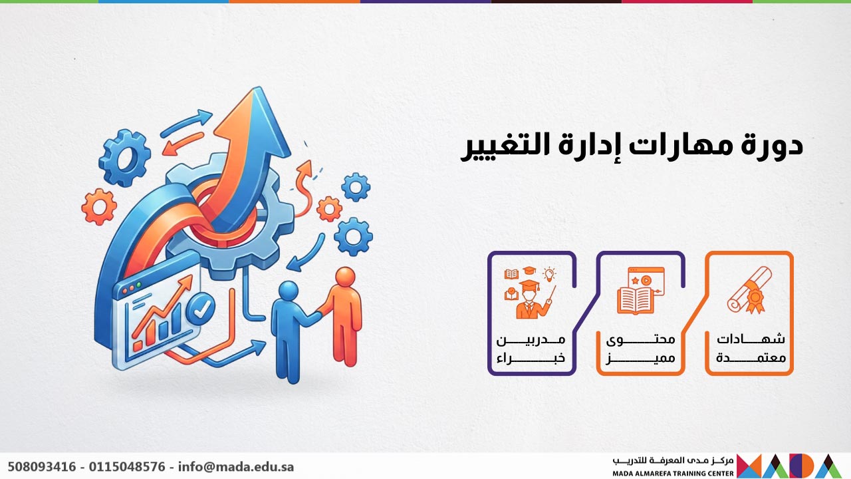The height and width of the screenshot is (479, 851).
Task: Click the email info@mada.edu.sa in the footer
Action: [236, 466]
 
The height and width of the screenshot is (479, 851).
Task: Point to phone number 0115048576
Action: [126, 466]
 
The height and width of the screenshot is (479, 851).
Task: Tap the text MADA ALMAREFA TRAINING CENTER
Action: [673, 474]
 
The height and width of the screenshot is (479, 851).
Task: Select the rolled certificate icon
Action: [749, 291]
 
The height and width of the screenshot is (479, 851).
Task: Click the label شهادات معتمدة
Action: [751, 348]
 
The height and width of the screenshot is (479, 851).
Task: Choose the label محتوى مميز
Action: [641, 348]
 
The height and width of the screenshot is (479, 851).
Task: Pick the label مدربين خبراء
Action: [531, 348]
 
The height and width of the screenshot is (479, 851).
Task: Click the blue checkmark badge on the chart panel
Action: [201, 308]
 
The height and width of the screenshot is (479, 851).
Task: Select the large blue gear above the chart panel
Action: [124, 158]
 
